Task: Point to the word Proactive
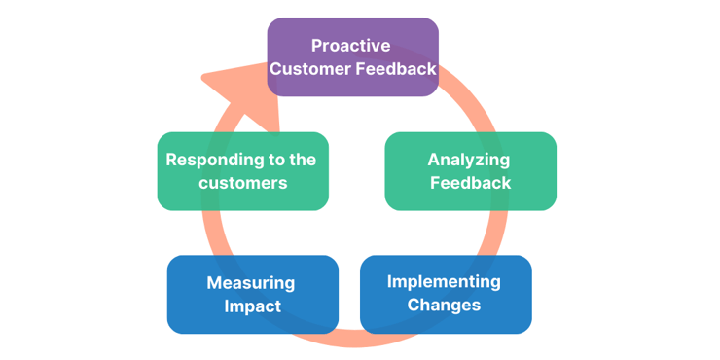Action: [351, 46]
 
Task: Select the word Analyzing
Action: [469, 160]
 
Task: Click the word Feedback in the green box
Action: [470, 182]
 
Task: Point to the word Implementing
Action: [444, 282]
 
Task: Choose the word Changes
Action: [444, 305]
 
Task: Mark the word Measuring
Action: [251, 283]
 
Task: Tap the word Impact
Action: [252, 306]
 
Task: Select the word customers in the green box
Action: [243, 183]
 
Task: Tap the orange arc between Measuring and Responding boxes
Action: [209, 233]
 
